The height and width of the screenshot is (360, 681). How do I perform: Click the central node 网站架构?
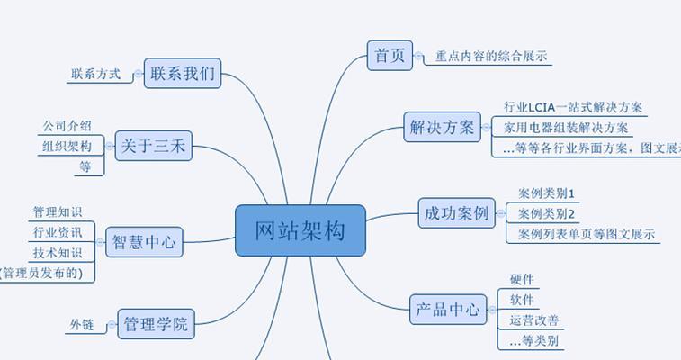point(300,230)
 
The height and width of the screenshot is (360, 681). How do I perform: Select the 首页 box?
point(389,55)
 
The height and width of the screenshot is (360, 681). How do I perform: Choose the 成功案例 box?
point(457,213)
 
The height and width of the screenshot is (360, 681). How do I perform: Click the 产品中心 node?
point(448,310)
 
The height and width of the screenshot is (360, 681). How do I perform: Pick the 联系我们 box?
point(183,74)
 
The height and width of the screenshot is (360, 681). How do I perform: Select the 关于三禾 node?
point(154,145)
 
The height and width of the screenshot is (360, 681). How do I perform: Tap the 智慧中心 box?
point(144,241)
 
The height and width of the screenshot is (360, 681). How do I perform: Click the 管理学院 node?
point(156,323)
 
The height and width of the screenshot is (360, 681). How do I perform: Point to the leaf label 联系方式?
point(95,74)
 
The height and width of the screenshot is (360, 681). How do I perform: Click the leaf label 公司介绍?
point(67,126)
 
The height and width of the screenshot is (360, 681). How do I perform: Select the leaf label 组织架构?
point(67,146)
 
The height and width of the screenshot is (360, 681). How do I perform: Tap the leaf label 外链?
point(82,324)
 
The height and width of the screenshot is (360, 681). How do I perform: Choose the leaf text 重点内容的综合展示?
point(491,56)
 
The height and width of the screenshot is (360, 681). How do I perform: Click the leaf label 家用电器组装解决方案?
point(566,128)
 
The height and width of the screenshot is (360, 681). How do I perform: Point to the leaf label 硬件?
point(522,279)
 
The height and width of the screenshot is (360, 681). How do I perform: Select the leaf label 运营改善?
point(533,320)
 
